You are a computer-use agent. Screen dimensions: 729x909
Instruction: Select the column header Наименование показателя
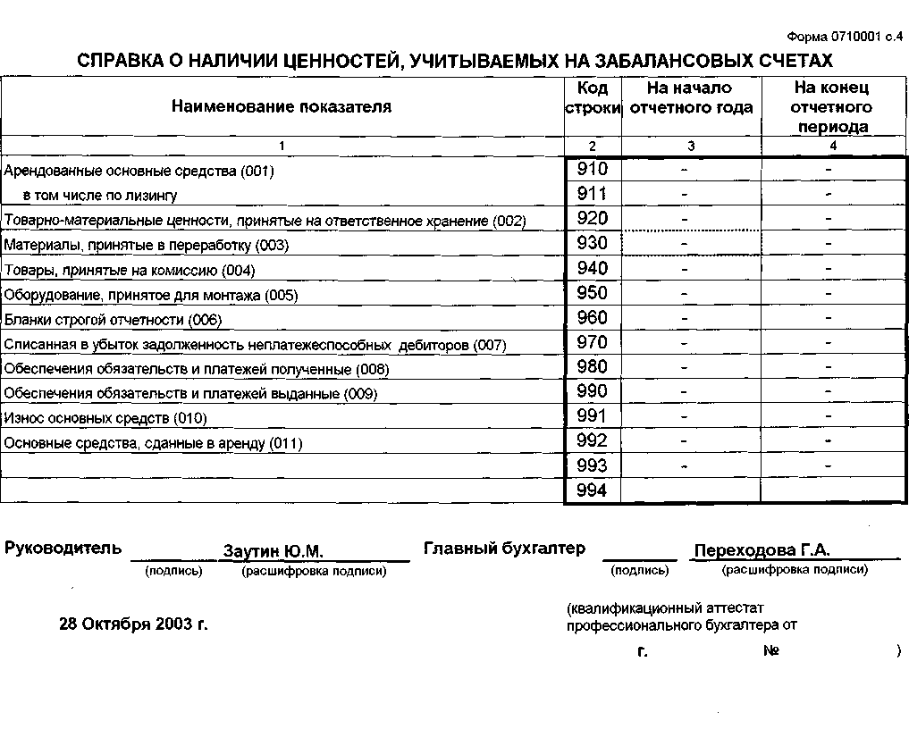tap(281, 107)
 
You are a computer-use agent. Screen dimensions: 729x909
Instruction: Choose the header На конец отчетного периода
tap(832, 107)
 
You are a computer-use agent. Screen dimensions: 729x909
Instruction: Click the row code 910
tap(592, 169)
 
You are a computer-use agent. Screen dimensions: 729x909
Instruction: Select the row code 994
tap(592, 490)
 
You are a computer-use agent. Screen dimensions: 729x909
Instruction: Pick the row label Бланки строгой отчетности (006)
tap(113, 320)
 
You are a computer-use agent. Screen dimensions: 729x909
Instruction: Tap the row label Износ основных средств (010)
tap(105, 418)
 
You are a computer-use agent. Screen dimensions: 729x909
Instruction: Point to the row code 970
tap(592, 342)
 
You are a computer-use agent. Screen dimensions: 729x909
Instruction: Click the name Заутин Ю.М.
tap(273, 551)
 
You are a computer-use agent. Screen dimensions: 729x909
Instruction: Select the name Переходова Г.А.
tap(762, 550)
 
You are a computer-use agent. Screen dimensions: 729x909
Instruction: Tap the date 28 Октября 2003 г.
tap(133, 624)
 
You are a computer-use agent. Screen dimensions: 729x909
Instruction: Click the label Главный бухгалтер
tap(504, 549)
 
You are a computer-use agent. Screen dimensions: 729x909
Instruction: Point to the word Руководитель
tap(63, 549)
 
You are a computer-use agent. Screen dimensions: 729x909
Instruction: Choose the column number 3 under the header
tap(690, 146)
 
